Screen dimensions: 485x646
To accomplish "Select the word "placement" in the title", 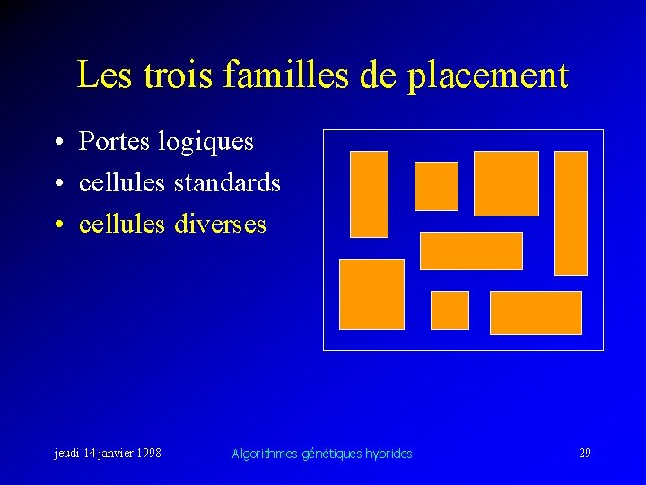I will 488,76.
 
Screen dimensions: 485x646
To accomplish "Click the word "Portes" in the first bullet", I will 113,141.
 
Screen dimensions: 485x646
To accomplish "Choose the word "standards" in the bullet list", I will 227,182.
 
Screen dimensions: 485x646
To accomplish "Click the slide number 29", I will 584,453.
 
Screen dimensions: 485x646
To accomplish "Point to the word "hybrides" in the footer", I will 388,454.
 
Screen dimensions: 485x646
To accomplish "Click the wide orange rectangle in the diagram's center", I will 471,251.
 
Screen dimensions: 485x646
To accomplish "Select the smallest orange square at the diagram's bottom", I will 450,310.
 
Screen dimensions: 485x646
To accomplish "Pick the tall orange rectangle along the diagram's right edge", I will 571,213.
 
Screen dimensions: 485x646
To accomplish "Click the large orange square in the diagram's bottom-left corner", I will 371,294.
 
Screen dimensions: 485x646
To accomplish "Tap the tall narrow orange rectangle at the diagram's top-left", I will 369,194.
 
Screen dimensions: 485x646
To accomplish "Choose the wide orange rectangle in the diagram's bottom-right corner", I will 536,313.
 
